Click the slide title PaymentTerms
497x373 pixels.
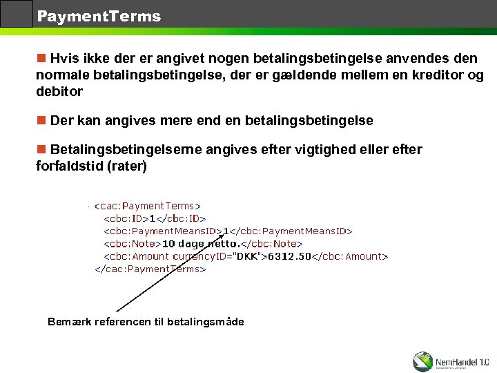(99, 16)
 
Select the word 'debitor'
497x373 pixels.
(59, 91)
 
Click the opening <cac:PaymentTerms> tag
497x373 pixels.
(147, 206)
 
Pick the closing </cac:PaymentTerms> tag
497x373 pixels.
(150, 269)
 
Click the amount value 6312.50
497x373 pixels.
(290, 256)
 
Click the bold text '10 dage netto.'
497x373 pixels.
(200, 244)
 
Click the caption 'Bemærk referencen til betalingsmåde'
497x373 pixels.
(146, 322)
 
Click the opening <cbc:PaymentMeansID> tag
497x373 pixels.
(162, 231)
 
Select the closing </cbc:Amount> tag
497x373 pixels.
(351, 256)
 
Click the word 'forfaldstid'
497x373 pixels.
(70, 166)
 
